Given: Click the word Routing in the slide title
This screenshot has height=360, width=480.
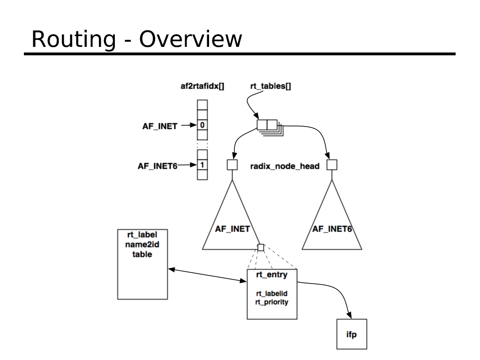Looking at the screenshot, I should coord(73,39).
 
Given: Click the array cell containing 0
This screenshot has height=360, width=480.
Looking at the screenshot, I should coord(202,125).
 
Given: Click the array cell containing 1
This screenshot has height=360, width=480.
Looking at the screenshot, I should coord(202,165).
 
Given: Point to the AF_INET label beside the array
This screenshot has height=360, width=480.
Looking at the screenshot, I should coord(160,126).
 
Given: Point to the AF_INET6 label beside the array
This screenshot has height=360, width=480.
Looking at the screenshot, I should coord(157,165).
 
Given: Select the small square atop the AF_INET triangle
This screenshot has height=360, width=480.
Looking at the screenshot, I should coord(232,165).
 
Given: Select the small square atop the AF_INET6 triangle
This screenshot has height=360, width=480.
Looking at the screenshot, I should coord(332,165).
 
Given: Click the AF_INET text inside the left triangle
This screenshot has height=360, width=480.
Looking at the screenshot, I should coord(232,229).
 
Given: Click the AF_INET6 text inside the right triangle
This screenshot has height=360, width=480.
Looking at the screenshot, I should coord(332,229).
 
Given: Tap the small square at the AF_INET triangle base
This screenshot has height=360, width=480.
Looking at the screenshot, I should coord(261,247).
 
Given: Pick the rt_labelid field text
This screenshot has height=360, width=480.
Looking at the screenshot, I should coord(272,293).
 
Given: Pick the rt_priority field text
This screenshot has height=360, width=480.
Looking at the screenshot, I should coord(272,302).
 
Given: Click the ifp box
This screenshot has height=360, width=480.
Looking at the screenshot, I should coord(352,334).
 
